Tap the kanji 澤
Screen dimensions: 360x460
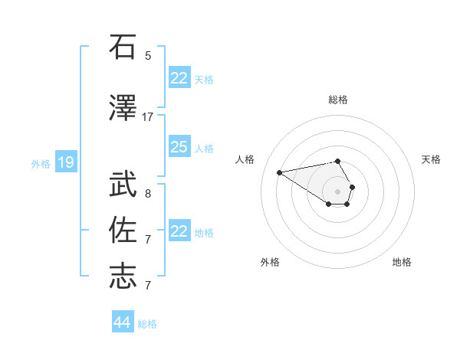click(x=123, y=109)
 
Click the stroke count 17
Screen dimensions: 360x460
click(x=148, y=116)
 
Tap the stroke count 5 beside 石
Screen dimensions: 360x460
click(x=148, y=55)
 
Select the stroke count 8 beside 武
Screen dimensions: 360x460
click(x=148, y=194)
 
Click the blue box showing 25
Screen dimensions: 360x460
click(x=179, y=147)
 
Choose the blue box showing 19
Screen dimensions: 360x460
click(x=66, y=162)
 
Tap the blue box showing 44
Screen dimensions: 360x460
click(x=122, y=322)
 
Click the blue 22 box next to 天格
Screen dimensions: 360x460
click(x=179, y=78)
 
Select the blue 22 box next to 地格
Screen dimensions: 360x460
click(x=179, y=231)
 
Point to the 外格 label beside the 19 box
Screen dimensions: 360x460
click(x=41, y=163)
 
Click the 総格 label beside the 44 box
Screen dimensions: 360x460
click(x=147, y=324)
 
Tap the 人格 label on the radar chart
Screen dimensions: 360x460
click(x=245, y=159)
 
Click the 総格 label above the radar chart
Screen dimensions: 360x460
click(x=338, y=100)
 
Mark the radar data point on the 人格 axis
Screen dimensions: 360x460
click(x=279, y=172)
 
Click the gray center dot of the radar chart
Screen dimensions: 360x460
click(x=338, y=191)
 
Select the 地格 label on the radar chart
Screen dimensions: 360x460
click(x=402, y=262)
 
